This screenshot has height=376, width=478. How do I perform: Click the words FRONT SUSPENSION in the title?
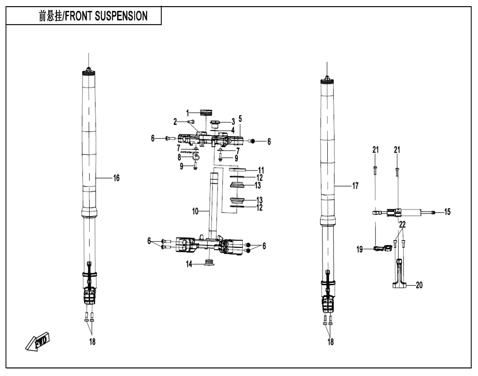106,16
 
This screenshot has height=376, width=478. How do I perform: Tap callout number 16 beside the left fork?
117,178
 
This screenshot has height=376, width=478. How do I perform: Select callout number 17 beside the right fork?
356,186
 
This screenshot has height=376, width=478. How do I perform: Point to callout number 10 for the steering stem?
195,211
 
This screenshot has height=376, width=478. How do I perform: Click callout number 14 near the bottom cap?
189,264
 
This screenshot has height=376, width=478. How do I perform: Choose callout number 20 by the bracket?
419,285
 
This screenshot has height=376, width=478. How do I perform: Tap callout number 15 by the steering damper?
447,212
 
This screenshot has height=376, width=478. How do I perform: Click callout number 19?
360,250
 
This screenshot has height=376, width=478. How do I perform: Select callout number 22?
403,225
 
